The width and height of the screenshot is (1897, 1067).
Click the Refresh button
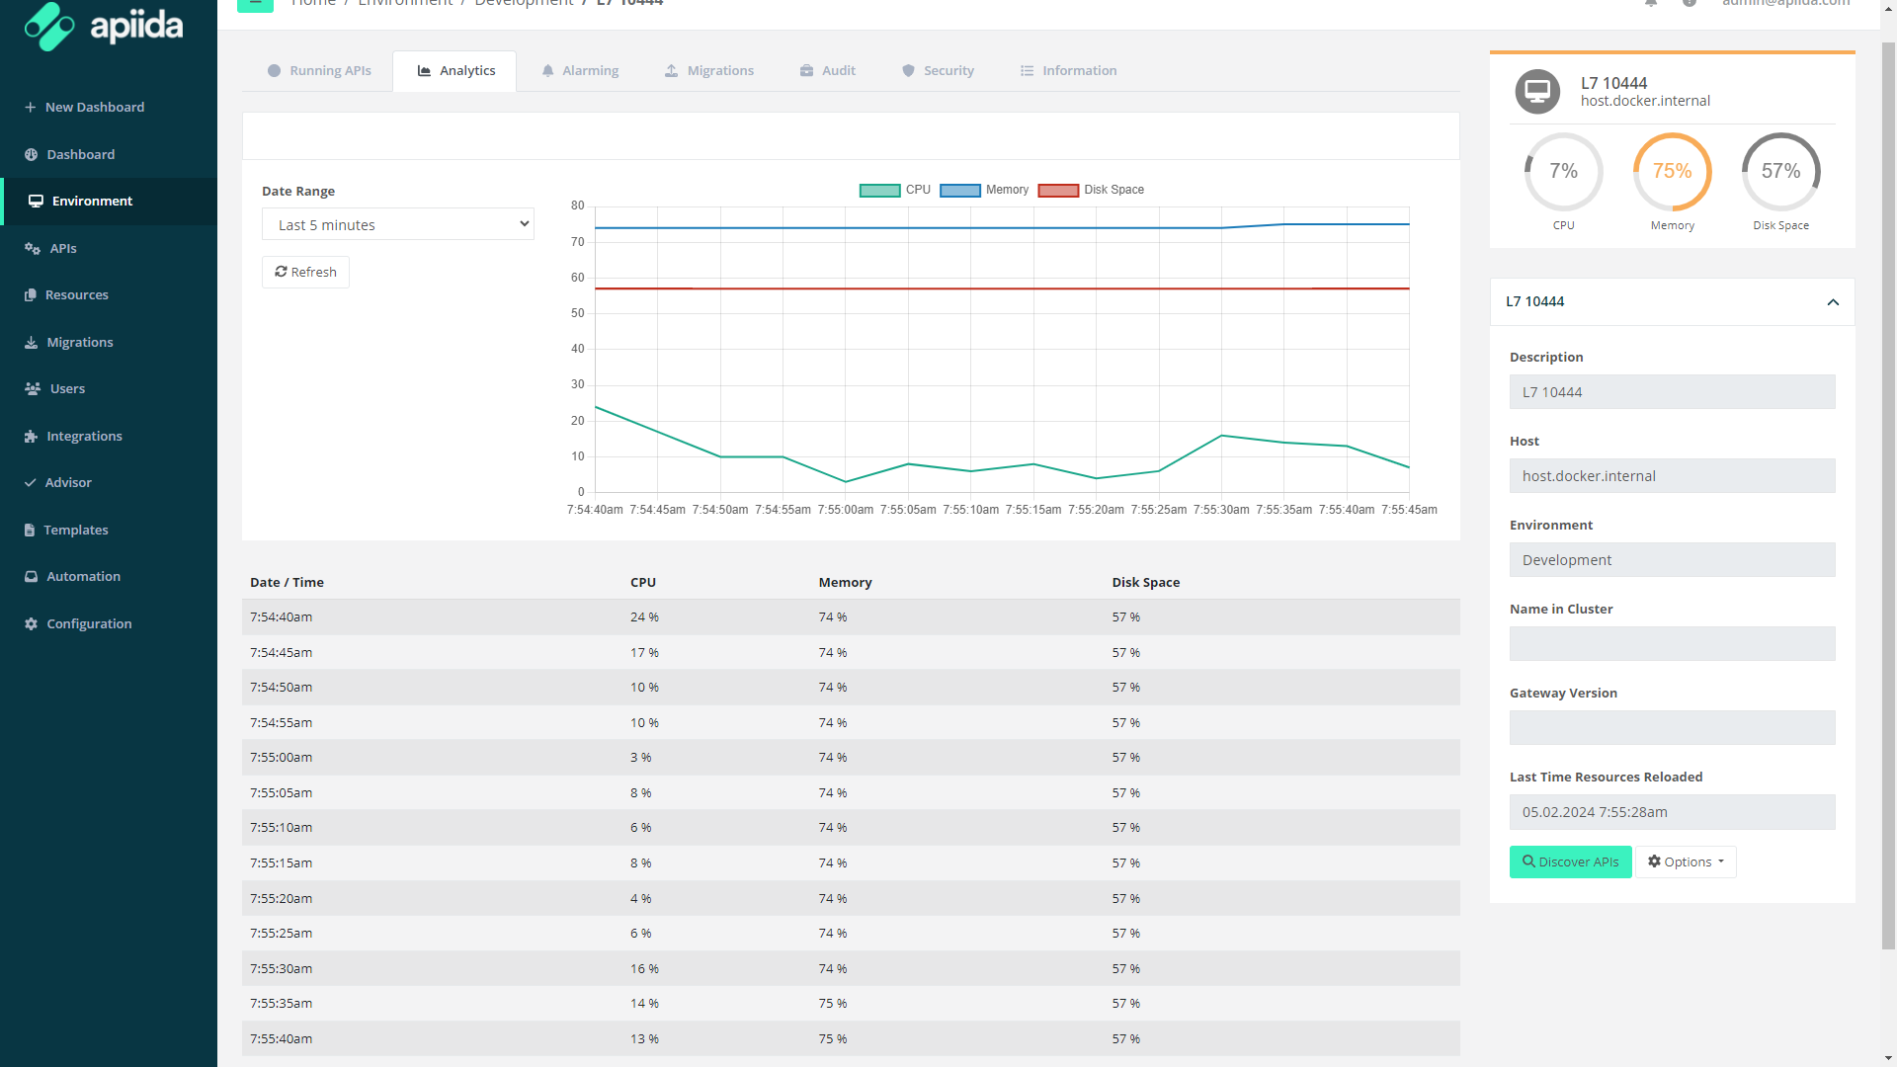[305, 272]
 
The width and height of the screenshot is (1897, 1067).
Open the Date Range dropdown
[397, 224]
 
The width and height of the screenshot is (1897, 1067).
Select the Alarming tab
[580, 70]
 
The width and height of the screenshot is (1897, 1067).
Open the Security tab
[938, 70]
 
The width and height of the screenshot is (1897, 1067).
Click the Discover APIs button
[1570, 862]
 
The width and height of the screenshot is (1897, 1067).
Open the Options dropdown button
[1686, 862]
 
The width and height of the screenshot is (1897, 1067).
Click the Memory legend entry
[984, 190]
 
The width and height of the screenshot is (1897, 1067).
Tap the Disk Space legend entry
[1091, 190]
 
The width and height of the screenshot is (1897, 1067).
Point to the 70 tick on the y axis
[578, 242]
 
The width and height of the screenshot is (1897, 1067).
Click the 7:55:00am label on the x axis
[846, 510]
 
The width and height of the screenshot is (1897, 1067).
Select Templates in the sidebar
[75, 530]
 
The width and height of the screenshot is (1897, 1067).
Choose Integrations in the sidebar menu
[84, 436]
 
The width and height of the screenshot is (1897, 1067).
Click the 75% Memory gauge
[1672, 172]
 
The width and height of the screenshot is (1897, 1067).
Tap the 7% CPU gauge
[1563, 172]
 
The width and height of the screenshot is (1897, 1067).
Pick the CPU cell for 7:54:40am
[644, 617]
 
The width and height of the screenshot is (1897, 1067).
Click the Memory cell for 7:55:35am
[832, 1004]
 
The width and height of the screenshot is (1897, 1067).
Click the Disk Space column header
[1145, 582]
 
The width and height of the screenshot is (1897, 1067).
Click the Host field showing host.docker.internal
[1672, 476]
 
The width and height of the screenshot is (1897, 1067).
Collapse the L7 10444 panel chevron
[1833, 302]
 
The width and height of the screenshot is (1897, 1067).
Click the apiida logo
[104, 26]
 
